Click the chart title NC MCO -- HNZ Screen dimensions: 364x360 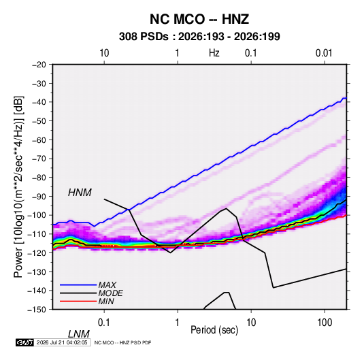[x=199, y=19]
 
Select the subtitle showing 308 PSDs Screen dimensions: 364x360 [x=199, y=37]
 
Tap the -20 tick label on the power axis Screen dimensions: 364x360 [x=39, y=65]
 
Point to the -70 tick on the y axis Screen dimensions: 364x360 [x=39, y=159]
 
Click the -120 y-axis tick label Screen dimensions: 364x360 [x=37, y=252]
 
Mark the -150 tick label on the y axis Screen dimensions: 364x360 [x=37, y=310]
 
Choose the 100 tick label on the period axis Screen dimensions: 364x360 [x=325, y=323]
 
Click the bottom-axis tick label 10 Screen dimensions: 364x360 [x=251, y=323]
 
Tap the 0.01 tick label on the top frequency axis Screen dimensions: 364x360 [x=324, y=53]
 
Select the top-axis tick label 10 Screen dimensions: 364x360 [x=104, y=53]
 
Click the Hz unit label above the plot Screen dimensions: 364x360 [x=214, y=53]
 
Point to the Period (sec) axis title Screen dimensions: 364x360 [x=214, y=330]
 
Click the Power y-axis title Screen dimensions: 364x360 [x=18, y=186]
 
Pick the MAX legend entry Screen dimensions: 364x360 [x=107, y=285]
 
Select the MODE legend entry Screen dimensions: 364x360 [x=110, y=293]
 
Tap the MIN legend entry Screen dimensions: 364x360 [x=106, y=301]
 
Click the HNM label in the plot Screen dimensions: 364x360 [x=80, y=193]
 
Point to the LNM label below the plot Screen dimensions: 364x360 [x=79, y=334]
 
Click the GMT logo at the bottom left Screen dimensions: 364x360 [x=25, y=342]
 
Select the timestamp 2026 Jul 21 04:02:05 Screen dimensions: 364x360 [x=62, y=342]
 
